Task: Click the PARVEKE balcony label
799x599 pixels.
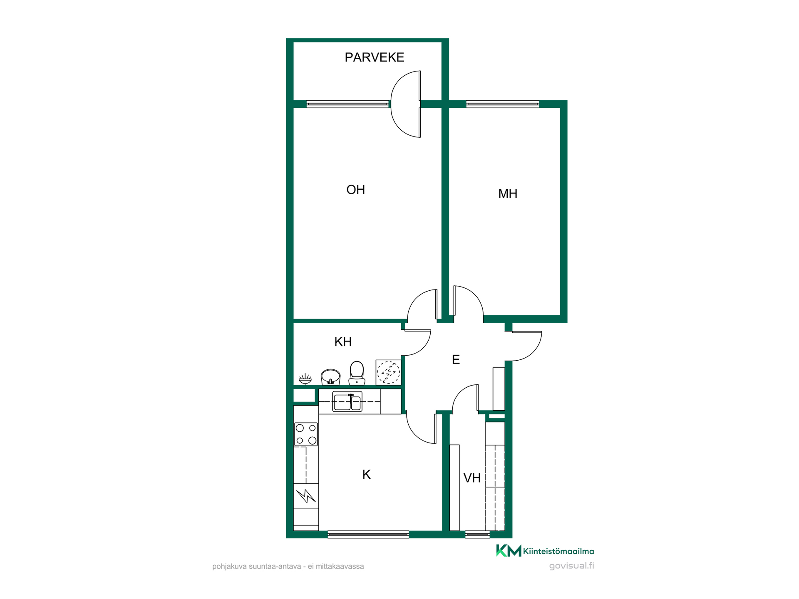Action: (374, 57)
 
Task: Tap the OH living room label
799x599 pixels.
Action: (355, 190)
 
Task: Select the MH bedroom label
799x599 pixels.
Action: (508, 193)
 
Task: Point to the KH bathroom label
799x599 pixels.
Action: (343, 342)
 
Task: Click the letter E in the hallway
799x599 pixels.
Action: (456, 359)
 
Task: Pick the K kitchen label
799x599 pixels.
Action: (366, 474)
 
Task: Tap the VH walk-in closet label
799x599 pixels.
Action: (472, 478)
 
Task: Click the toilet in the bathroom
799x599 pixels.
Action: (357, 373)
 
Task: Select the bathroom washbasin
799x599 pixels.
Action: (330, 377)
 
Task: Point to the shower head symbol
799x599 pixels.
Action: (305, 379)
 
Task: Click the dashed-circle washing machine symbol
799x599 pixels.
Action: (388, 372)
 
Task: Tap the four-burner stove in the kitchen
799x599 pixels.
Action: (306, 434)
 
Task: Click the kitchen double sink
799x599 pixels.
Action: (347, 401)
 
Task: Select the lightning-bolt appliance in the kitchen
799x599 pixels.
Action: (306, 496)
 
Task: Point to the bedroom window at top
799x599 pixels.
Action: (503, 104)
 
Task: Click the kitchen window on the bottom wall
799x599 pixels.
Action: (368, 535)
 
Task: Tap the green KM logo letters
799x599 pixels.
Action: (509, 550)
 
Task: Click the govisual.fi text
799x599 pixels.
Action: (571, 566)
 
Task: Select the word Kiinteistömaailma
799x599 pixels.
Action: (558, 551)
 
